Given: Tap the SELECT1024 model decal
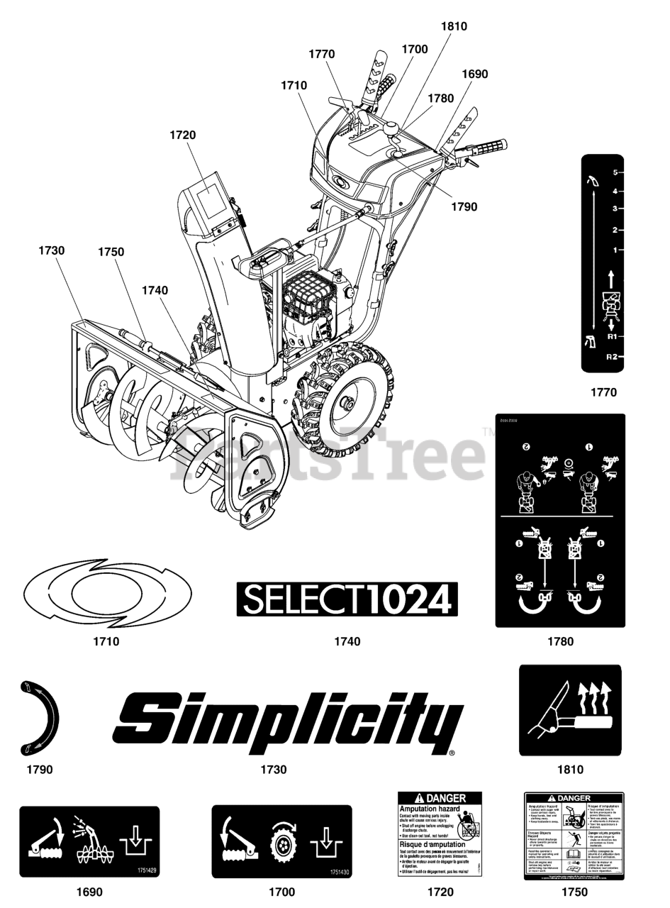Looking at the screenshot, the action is click(x=347, y=600).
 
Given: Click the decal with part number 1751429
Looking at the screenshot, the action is click(x=89, y=841).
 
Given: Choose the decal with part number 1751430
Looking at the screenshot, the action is click(x=281, y=841).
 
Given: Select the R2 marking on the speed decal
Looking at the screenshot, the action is click(x=612, y=357).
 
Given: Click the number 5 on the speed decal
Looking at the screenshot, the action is click(x=615, y=172).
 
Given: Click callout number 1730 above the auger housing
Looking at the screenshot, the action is click(x=52, y=250).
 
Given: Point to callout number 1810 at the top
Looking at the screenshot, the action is click(x=454, y=27).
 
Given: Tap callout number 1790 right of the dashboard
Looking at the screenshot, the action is click(x=464, y=207).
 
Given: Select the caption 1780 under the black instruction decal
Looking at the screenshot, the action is click(x=560, y=642).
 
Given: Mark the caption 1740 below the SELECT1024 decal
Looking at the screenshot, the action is click(x=347, y=642).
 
